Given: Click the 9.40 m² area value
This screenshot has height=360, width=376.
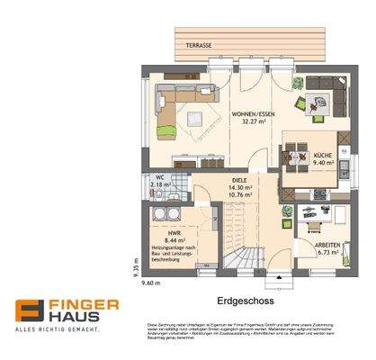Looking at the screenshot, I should coord(323,165).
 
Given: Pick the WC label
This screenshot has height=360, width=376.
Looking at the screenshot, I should coord(160,177).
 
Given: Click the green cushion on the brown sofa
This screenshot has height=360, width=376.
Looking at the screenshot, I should coord(166,131).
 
